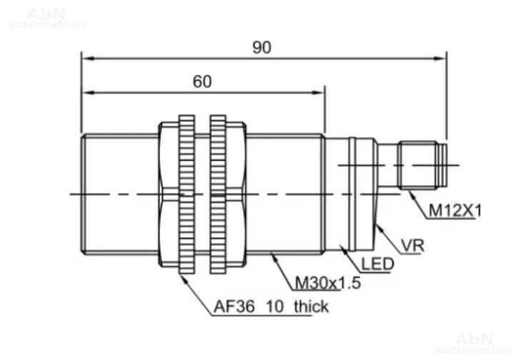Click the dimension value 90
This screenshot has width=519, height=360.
pyautogui.click(x=262, y=47)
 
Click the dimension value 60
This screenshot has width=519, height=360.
pyautogui.click(x=202, y=81)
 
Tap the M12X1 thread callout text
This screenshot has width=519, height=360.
pyautogui.click(x=455, y=211)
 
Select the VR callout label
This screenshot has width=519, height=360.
pyautogui.click(x=412, y=246)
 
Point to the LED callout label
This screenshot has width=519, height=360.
pyautogui.click(x=377, y=264)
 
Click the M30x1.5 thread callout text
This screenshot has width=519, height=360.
pyautogui.click(x=327, y=283)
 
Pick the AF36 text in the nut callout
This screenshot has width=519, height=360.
pyautogui.click(x=234, y=306)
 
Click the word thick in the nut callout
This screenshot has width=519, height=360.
pyautogui.click(x=311, y=306)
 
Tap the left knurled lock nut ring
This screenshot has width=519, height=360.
pyautogui.click(x=187, y=194)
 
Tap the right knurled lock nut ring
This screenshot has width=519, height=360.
pyautogui.click(x=218, y=194)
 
